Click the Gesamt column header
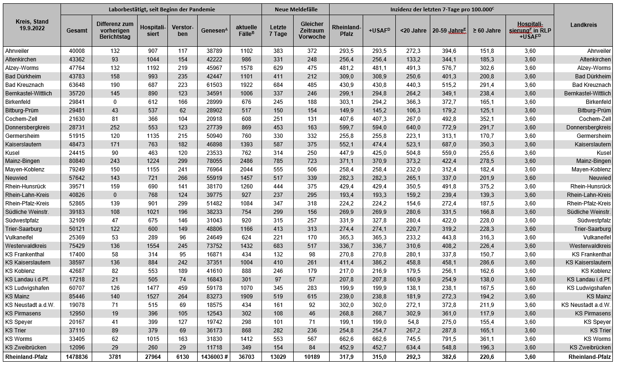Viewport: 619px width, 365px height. click(76, 31)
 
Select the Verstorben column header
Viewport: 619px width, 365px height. click(182, 31)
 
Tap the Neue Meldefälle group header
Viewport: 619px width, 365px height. click(296, 9)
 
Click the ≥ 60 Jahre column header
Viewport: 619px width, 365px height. click(486, 31)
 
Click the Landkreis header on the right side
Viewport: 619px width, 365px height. click(584, 25)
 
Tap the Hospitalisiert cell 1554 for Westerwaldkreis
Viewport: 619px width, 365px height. click(152, 246)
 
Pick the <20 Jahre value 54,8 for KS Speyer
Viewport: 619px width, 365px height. click(413, 322)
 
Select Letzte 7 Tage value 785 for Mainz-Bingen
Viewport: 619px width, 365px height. click(278, 161)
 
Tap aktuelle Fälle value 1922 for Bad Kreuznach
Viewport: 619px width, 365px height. click(246, 85)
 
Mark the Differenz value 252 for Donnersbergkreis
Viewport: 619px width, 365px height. click(115, 127)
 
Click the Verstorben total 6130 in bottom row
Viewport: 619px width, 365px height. click(182, 357)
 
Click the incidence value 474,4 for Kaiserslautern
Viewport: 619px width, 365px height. click(379, 144)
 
